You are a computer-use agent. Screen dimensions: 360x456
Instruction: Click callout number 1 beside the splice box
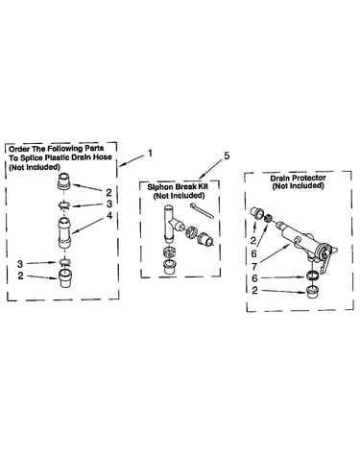[150, 153]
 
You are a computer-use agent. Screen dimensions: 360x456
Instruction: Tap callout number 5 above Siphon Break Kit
[227, 156]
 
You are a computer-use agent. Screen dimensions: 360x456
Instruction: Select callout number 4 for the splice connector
[109, 216]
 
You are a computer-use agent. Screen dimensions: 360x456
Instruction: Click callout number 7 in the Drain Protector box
[254, 266]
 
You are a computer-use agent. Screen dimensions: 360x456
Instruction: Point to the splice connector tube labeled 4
[65, 232]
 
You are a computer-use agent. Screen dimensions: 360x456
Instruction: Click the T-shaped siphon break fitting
[170, 224]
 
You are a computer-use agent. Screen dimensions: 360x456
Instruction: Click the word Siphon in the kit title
[158, 187]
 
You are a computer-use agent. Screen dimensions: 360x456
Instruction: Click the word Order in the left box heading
[17, 149]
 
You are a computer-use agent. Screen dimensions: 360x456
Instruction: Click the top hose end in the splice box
[64, 181]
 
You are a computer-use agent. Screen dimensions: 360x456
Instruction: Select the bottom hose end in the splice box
[65, 277]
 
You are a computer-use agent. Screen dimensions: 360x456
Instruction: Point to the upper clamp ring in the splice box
[65, 205]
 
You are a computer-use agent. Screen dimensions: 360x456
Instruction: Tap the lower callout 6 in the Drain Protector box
[254, 278]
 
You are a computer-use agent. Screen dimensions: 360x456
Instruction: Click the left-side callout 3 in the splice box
[20, 264]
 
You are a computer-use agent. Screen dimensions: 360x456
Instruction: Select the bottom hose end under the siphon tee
[169, 267]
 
